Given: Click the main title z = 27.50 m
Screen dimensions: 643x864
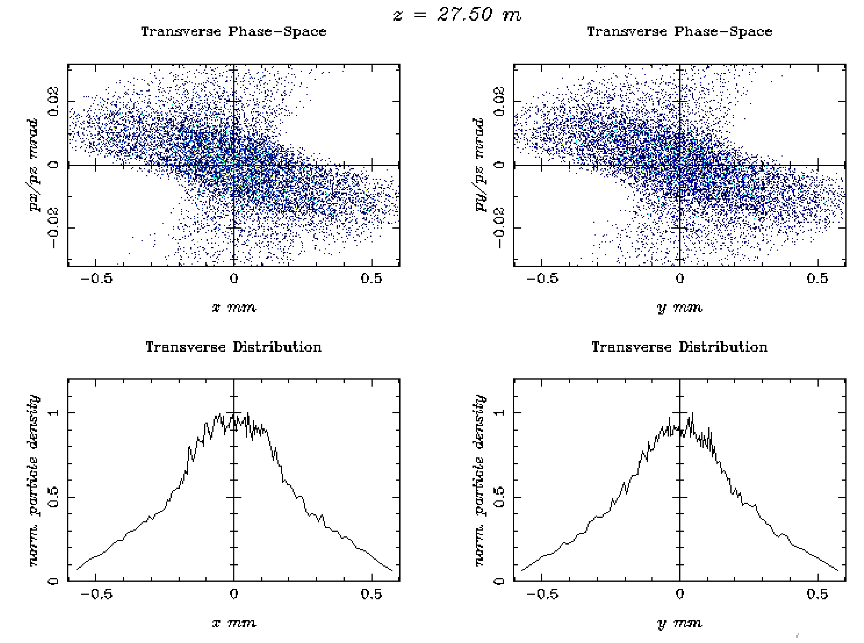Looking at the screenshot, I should coord(457,15).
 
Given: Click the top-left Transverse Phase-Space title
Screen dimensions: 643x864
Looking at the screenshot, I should coord(234,31).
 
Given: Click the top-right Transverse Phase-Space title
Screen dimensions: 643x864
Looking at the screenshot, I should coord(679,31).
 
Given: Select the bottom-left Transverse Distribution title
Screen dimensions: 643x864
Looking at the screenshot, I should coord(234,347).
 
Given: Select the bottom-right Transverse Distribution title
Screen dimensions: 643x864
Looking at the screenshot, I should coord(679,347).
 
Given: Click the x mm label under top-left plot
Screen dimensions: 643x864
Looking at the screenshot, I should coord(234,308).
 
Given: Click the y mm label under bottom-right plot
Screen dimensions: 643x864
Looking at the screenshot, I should coord(679,623).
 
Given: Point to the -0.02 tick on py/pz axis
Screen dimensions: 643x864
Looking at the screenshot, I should coord(498,228).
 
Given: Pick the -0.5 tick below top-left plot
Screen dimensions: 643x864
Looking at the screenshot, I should coord(96,279).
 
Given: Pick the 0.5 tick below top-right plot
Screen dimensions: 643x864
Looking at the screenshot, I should coord(817,279).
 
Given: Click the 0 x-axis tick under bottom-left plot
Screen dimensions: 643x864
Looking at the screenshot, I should coord(234,594).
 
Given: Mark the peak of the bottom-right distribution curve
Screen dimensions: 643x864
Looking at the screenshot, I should coord(693,413).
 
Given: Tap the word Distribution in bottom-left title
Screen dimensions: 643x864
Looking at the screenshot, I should coord(277,347).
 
